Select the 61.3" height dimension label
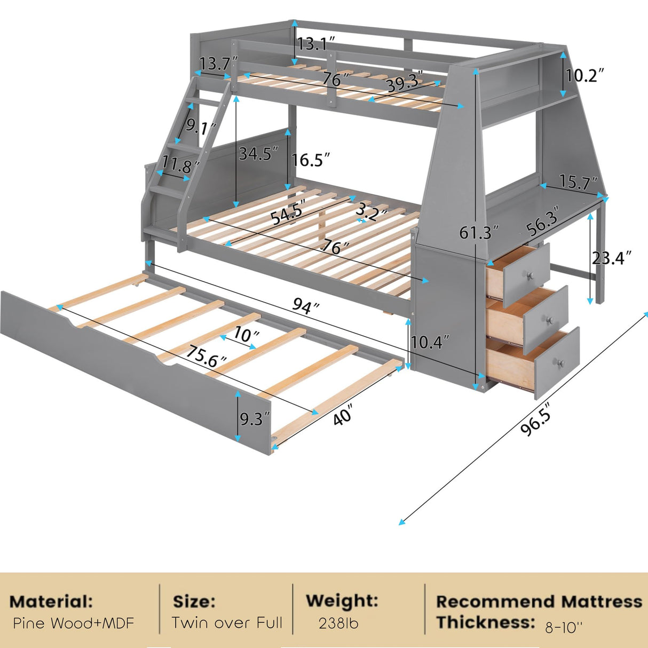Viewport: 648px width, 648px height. (x=479, y=232)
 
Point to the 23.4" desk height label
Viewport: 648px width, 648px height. (x=611, y=258)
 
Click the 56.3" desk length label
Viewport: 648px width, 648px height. (x=542, y=221)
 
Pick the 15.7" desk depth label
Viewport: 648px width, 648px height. (x=579, y=183)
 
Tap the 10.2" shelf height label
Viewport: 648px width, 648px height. (x=585, y=75)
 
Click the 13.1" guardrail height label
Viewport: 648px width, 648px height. (x=316, y=44)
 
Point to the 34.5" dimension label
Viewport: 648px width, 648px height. (x=258, y=154)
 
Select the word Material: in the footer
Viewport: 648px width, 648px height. (x=51, y=602)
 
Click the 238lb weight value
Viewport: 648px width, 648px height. (x=338, y=623)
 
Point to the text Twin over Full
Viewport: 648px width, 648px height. (x=227, y=622)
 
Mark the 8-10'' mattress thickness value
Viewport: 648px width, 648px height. (x=564, y=627)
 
